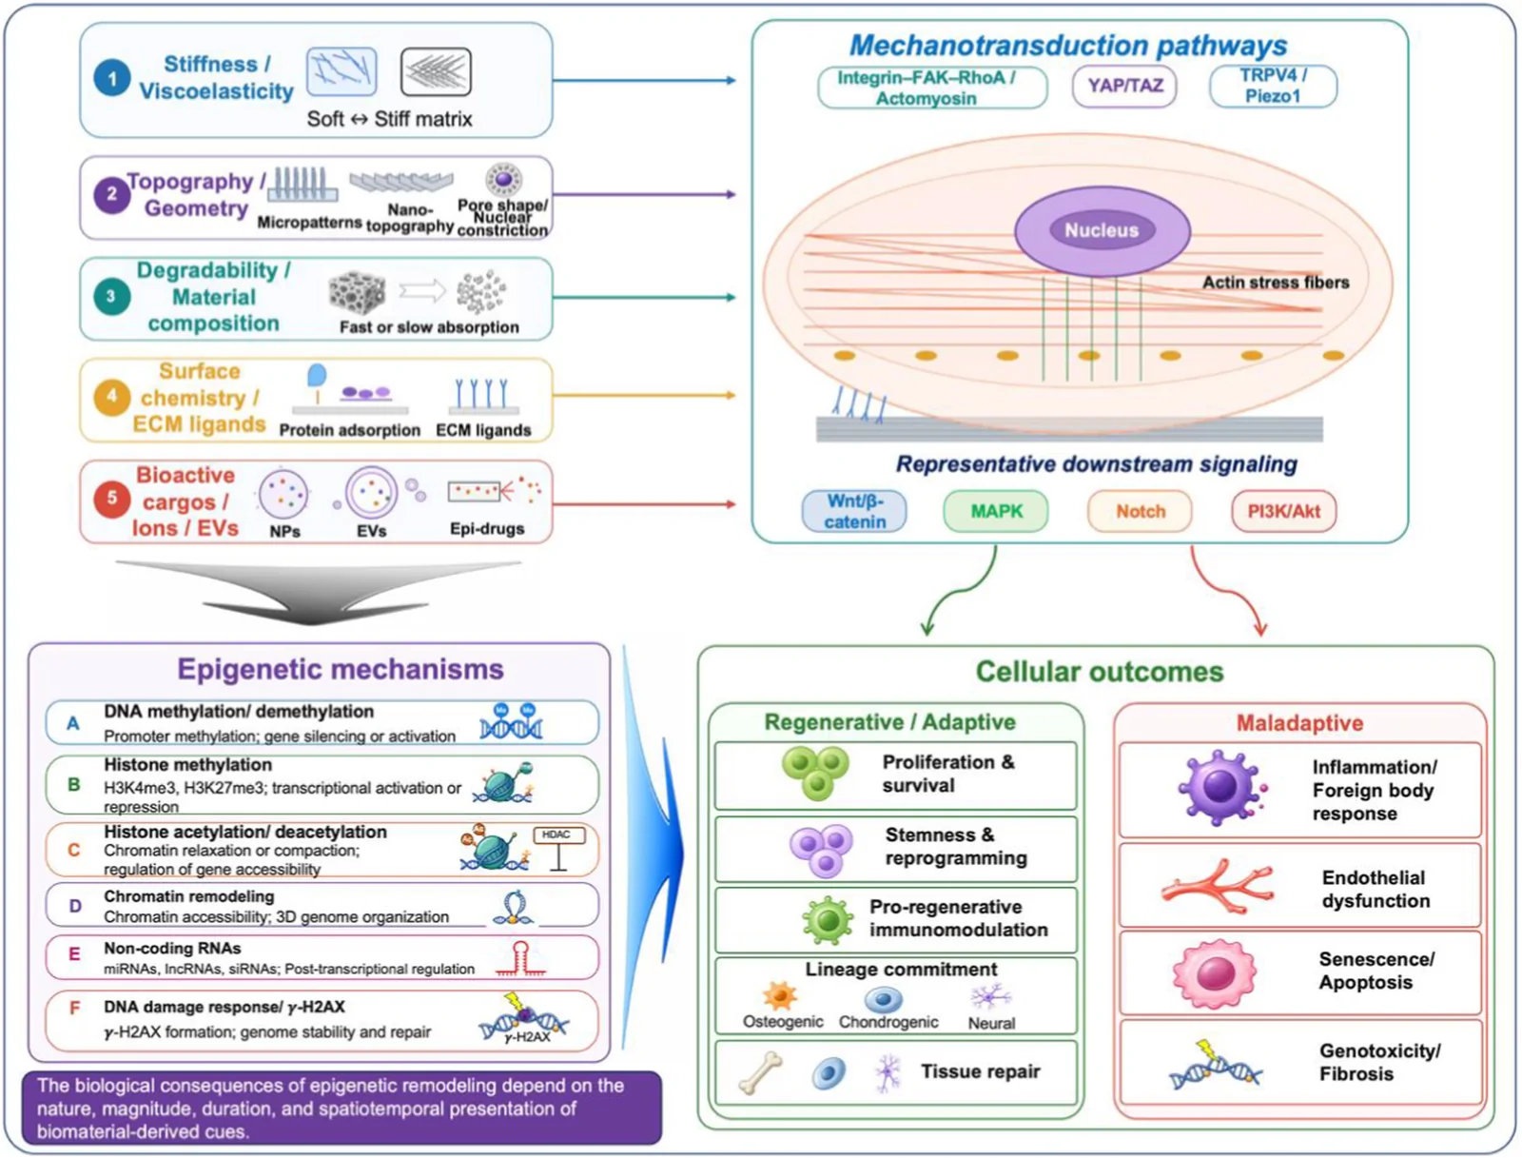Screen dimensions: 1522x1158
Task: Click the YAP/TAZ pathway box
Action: [x=1124, y=86]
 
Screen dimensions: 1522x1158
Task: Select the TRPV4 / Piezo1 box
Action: [x=1273, y=86]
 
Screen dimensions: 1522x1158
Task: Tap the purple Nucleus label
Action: [x=1102, y=230]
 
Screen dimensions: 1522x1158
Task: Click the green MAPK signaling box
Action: [x=996, y=512]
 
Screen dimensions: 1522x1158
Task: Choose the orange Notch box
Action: [x=1140, y=512]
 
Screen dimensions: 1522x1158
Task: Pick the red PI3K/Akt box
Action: [x=1283, y=512]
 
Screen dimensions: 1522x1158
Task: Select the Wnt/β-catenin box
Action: [x=854, y=512]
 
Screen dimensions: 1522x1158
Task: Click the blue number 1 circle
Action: [x=111, y=78]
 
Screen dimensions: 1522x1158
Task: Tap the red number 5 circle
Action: [x=111, y=498]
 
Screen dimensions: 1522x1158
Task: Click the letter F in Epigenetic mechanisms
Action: [x=74, y=1008]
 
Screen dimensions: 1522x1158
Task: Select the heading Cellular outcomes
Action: [x=1099, y=671]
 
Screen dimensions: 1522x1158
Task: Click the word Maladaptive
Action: [x=1299, y=723]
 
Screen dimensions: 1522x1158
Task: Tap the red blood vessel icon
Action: [x=1217, y=886]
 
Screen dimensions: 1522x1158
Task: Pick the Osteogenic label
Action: [x=782, y=1021]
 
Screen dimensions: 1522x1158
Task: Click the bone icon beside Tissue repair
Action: [x=760, y=1072]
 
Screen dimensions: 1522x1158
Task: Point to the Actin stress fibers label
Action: [x=1276, y=283]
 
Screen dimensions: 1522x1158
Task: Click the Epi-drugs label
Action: [x=487, y=528]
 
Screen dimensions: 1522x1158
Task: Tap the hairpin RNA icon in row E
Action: [x=520, y=958]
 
